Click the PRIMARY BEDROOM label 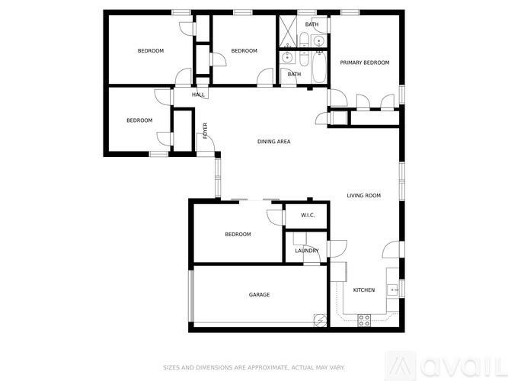click(x=364, y=62)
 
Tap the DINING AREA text click(x=273, y=142)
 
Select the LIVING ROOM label click(x=363, y=196)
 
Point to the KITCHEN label click(x=363, y=290)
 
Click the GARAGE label click(x=259, y=295)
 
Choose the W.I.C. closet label click(x=308, y=216)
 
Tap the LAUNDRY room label click(x=307, y=250)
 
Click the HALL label click(x=198, y=95)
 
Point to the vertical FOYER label click(x=205, y=130)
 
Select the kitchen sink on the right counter click(x=393, y=289)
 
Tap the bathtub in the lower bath click(x=318, y=69)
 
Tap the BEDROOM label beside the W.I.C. click(x=238, y=235)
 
